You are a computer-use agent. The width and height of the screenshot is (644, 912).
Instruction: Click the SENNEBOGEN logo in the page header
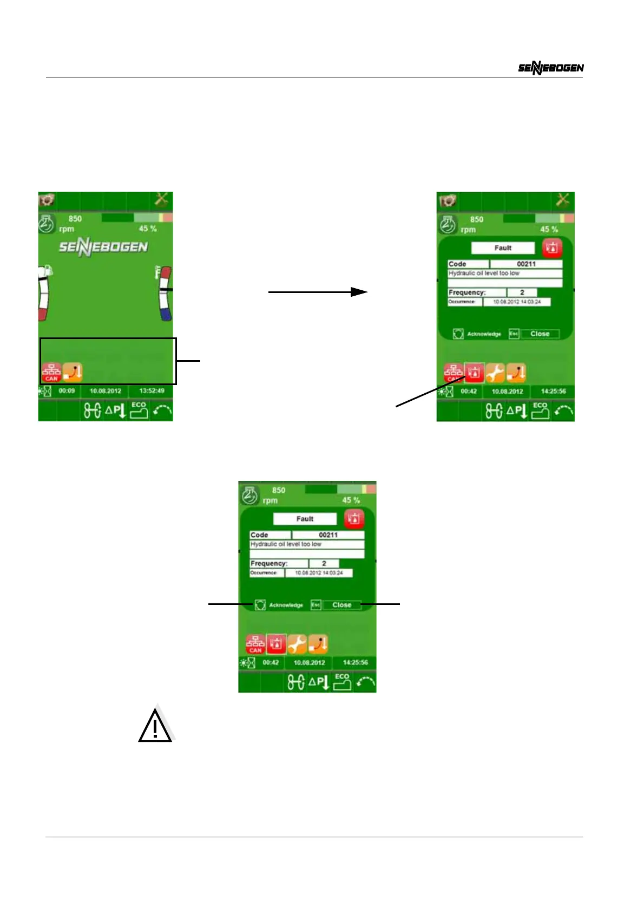tap(550, 68)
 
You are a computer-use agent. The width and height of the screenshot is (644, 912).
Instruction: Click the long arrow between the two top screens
tap(318, 292)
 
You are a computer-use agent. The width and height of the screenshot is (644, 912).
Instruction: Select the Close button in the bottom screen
tap(341, 605)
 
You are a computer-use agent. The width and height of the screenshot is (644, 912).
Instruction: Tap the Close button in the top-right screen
tap(540, 334)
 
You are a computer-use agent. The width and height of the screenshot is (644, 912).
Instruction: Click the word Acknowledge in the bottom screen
tap(286, 605)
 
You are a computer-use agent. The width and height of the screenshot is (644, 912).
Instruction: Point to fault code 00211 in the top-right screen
tap(526, 264)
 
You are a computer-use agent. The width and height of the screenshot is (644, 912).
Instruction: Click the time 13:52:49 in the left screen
tap(152, 390)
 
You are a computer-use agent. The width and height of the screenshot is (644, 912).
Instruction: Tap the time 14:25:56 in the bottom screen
tap(355, 662)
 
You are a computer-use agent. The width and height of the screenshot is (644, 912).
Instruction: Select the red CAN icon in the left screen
tap(51, 372)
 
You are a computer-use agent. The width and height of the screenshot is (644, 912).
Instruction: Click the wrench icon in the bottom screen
tap(297, 643)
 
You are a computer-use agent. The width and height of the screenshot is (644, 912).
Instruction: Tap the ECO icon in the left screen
tap(139, 410)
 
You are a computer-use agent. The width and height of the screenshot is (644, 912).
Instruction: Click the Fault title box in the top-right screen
tap(503, 248)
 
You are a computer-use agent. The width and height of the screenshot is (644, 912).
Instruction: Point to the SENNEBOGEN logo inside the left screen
tap(103, 247)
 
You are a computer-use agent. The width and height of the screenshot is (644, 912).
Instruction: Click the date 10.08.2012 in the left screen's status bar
tap(106, 390)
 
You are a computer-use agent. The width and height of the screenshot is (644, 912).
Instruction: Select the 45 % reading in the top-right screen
tap(549, 229)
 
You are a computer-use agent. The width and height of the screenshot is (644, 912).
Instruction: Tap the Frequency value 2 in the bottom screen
tap(324, 563)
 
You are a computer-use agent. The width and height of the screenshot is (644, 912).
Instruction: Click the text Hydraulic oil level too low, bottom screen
tap(286, 544)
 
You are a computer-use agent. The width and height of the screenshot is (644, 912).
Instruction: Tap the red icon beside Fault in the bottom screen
tap(354, 518)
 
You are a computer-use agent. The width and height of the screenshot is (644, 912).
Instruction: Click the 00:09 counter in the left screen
tap(67, 390)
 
